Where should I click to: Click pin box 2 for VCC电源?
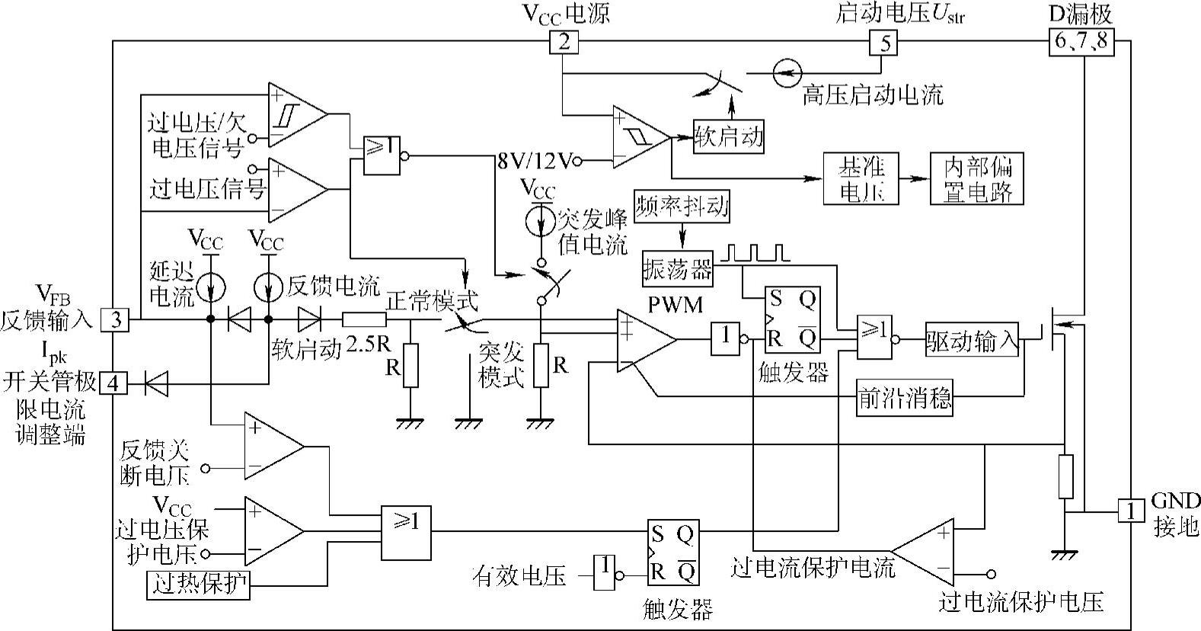(564, 42)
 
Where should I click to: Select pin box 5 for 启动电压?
(884, 43)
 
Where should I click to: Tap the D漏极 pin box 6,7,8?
(1081, 42)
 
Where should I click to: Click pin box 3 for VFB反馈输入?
(116, 319)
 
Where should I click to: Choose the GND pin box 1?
(1131, 511)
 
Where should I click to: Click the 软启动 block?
(729, 138)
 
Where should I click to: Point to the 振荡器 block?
(679, 269)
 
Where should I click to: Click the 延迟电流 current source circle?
(209, 284)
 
